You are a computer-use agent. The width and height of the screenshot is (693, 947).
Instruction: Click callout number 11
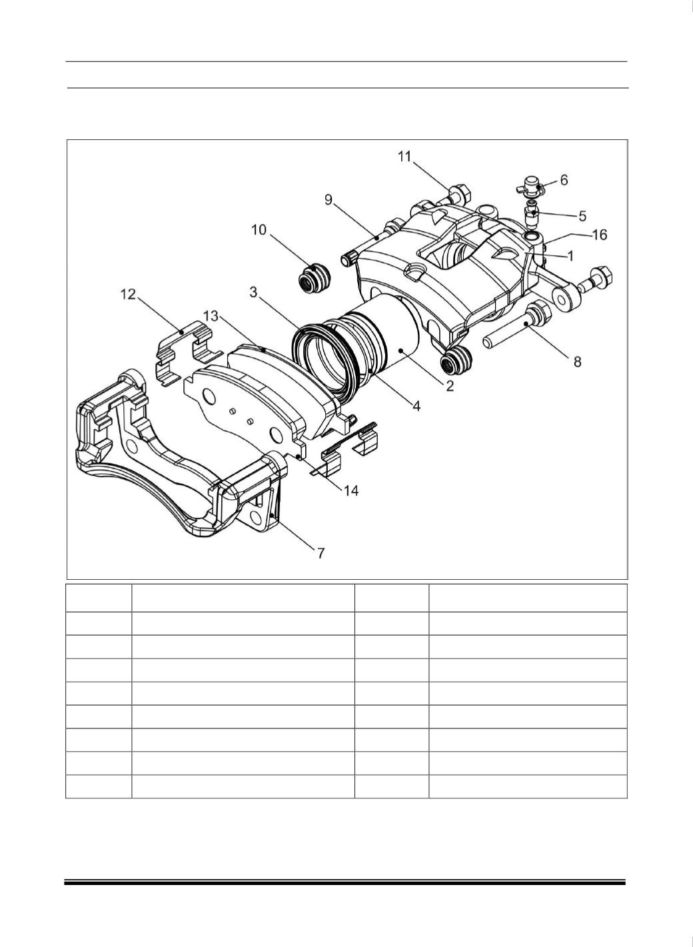point(404,157)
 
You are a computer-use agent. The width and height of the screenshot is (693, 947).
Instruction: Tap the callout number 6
point(564,180)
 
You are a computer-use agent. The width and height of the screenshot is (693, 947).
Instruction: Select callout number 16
point(600,234)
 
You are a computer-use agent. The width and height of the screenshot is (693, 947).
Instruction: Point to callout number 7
point(321,553)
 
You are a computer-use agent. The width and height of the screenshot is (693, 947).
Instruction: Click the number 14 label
point(351,490)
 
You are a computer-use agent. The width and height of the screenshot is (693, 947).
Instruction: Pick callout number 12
point(128,294)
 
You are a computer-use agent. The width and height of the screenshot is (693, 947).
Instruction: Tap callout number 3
point(253,292)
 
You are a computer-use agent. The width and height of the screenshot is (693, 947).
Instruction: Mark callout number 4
point(416,407)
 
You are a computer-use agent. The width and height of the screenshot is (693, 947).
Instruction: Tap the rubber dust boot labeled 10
point(313,278)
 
